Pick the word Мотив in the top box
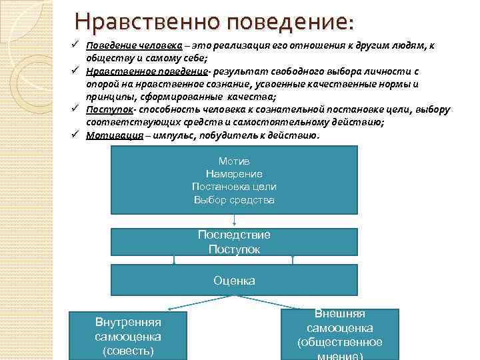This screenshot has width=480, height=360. (233, 161)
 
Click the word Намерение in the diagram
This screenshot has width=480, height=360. (233, 174)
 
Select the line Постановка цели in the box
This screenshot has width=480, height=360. (233, 187)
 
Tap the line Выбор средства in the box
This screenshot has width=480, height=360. (233, 199)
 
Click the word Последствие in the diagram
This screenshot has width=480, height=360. (234, 235)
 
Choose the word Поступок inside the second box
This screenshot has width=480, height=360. (234, 249)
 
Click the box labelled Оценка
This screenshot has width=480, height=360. (234, 281)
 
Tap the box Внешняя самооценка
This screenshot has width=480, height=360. (339, 334)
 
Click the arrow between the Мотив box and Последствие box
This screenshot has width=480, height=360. (234, 221)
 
